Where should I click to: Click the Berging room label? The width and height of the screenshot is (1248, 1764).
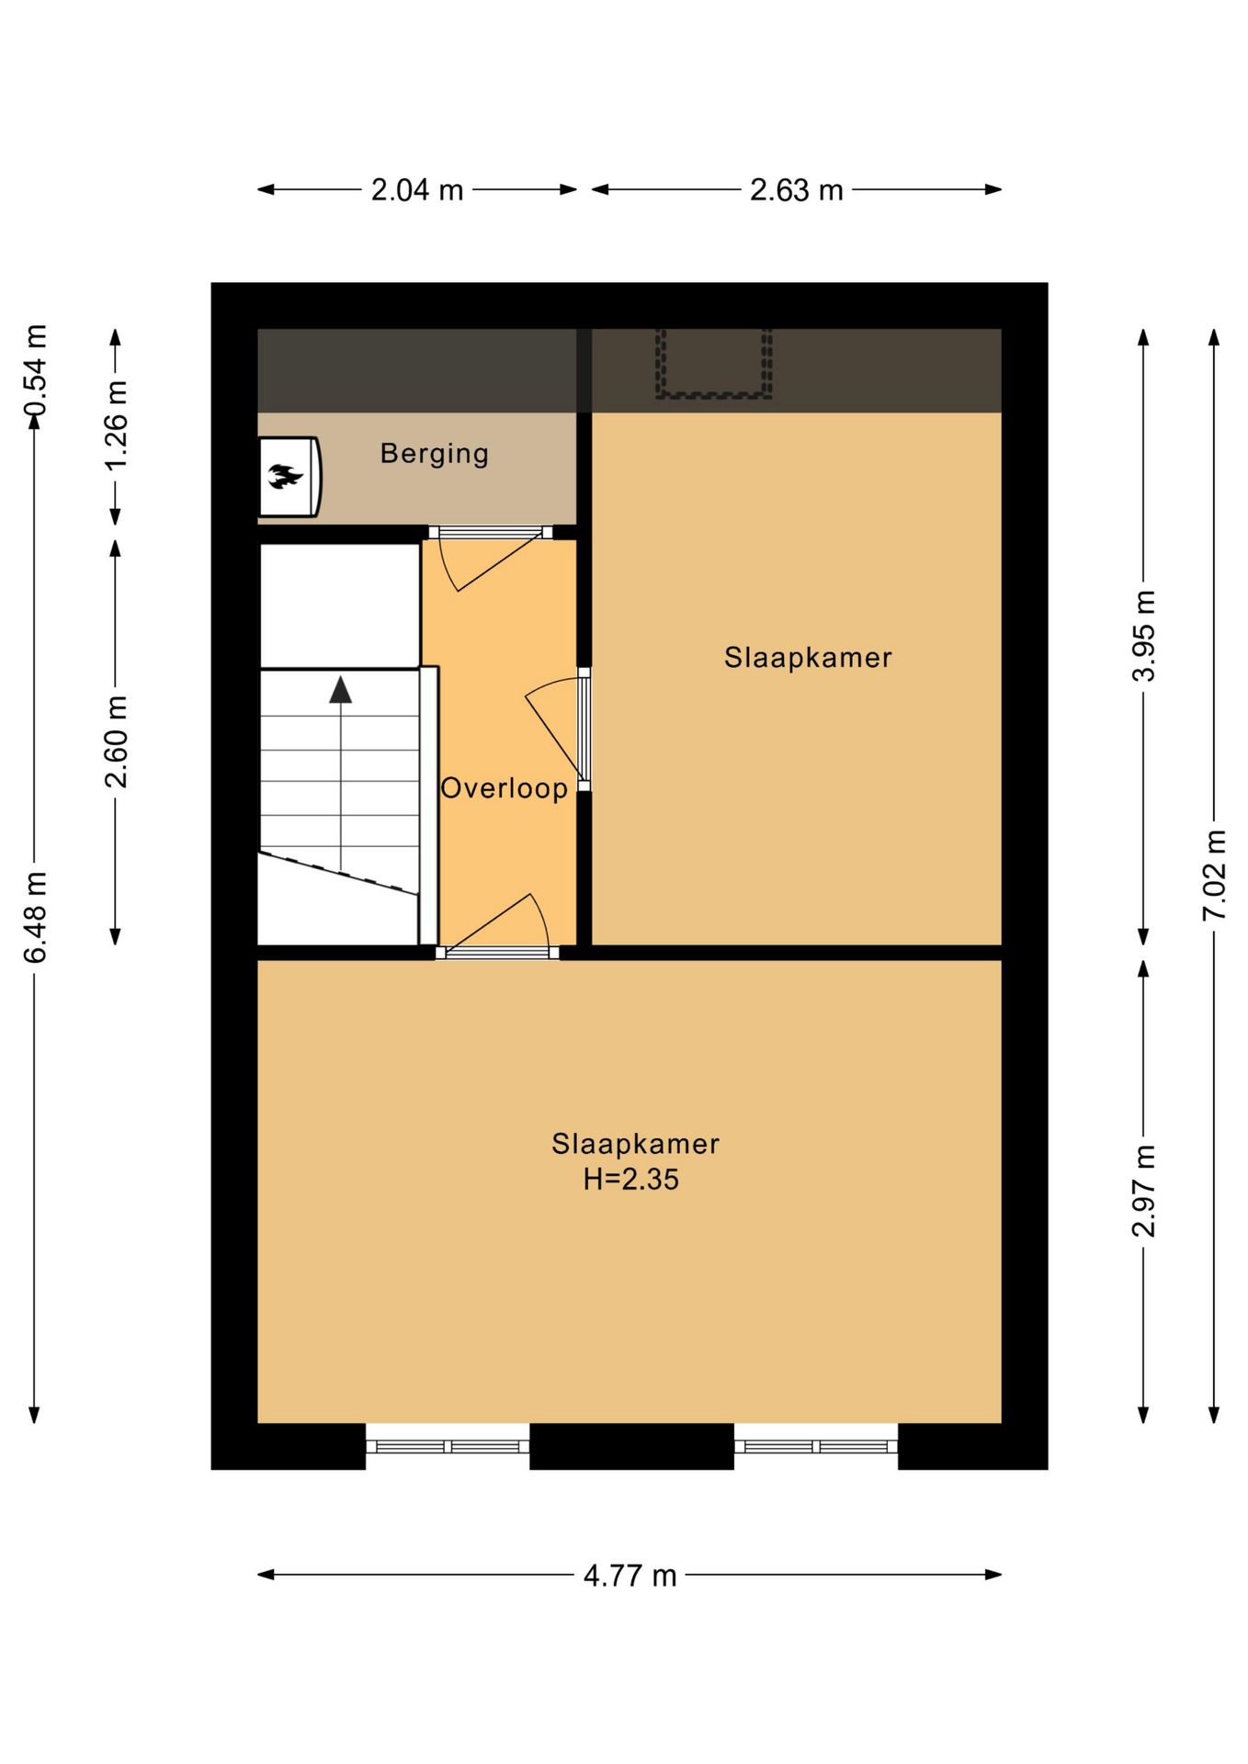[x=434, y=454]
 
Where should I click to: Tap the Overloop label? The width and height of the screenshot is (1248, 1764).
[x=504, y=788]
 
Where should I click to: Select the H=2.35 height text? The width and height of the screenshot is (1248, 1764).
[x=630, y=1179]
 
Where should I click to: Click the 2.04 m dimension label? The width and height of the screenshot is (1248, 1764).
[x=417, y=190]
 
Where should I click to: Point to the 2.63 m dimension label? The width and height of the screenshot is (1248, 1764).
[x=796, y=190]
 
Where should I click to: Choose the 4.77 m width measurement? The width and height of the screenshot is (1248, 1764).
[x=630, y=1576]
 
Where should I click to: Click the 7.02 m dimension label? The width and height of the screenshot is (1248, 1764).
[x=1215, y=875]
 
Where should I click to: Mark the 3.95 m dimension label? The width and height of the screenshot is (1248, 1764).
[x=1143, y=636]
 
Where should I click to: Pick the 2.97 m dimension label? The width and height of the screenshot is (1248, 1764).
[x=1143, y=1192]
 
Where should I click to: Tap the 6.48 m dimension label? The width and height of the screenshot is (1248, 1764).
[x=35, y=918]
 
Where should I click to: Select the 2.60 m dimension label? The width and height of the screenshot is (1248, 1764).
[x=116, y=741]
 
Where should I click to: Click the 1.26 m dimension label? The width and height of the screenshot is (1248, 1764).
[x=116, y=424]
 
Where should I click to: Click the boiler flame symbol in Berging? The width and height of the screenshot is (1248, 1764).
[x=285, y=476]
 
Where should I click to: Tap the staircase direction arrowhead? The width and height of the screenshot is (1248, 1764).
[x=341, y=689]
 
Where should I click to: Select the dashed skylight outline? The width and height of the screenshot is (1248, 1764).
[x=713, y=364]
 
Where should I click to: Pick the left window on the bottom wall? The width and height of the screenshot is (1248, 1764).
[x=448, y=1446]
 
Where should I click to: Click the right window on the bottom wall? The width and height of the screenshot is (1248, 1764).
[x=816, y=1446]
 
